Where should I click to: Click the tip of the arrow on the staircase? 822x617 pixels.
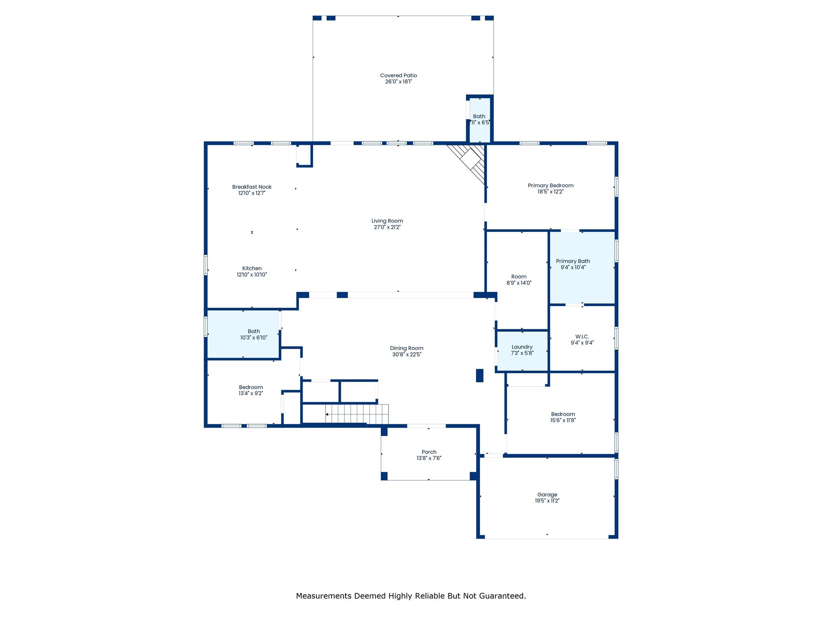tap(326, 414)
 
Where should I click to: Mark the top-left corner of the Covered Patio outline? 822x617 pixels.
tap(313, 16)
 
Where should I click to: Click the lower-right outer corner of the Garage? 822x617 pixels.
tap(618, 538)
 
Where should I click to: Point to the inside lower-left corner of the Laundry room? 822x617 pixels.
tap(498, 370)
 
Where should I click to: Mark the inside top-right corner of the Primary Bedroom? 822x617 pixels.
tap(615, 145)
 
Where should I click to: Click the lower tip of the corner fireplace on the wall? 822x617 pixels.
tap(485, 184)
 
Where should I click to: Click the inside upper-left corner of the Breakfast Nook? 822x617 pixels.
tap(208, 145)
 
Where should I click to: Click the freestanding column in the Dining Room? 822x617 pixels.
tap(480, 375)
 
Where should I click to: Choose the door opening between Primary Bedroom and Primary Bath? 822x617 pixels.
tap(570, 231)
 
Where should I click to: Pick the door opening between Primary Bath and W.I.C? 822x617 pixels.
tap(574, 305)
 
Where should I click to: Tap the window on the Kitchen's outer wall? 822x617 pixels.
tap(206, 265)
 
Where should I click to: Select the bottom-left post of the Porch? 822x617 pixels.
tap(384, 476)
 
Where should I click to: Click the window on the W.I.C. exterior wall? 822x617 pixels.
tap(616, 338)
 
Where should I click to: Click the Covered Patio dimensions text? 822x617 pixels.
tap(399, 82)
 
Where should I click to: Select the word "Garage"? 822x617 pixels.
tap(547, 494)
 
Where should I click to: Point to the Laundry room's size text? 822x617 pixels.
tap(522, 353)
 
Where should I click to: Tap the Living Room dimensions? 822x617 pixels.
tap(387, 227)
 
